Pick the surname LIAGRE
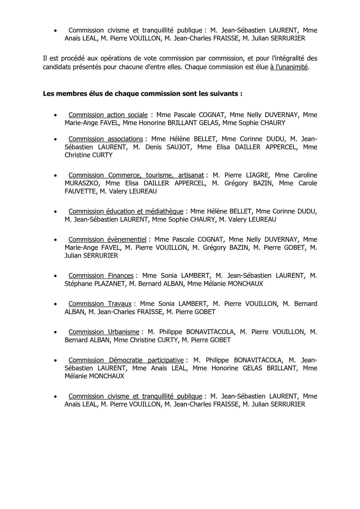tap(257, 175)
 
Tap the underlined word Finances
tap(121, 275)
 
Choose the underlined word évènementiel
tap(127, 240)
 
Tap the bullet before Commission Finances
tap(56, 276)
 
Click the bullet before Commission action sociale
tap(56, 115)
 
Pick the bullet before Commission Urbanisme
tap(56, 332)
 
